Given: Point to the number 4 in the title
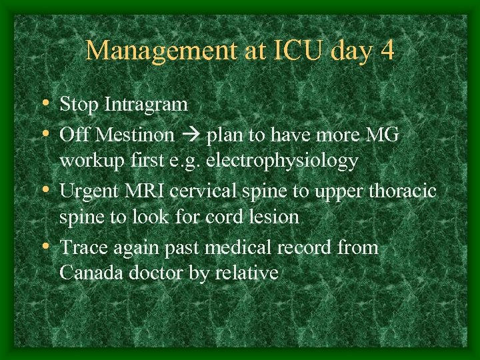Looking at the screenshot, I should [387, 50].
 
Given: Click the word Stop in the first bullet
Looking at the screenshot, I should [76, 104].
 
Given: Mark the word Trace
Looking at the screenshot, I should [80, 247].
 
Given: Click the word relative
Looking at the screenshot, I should [247, 273].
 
